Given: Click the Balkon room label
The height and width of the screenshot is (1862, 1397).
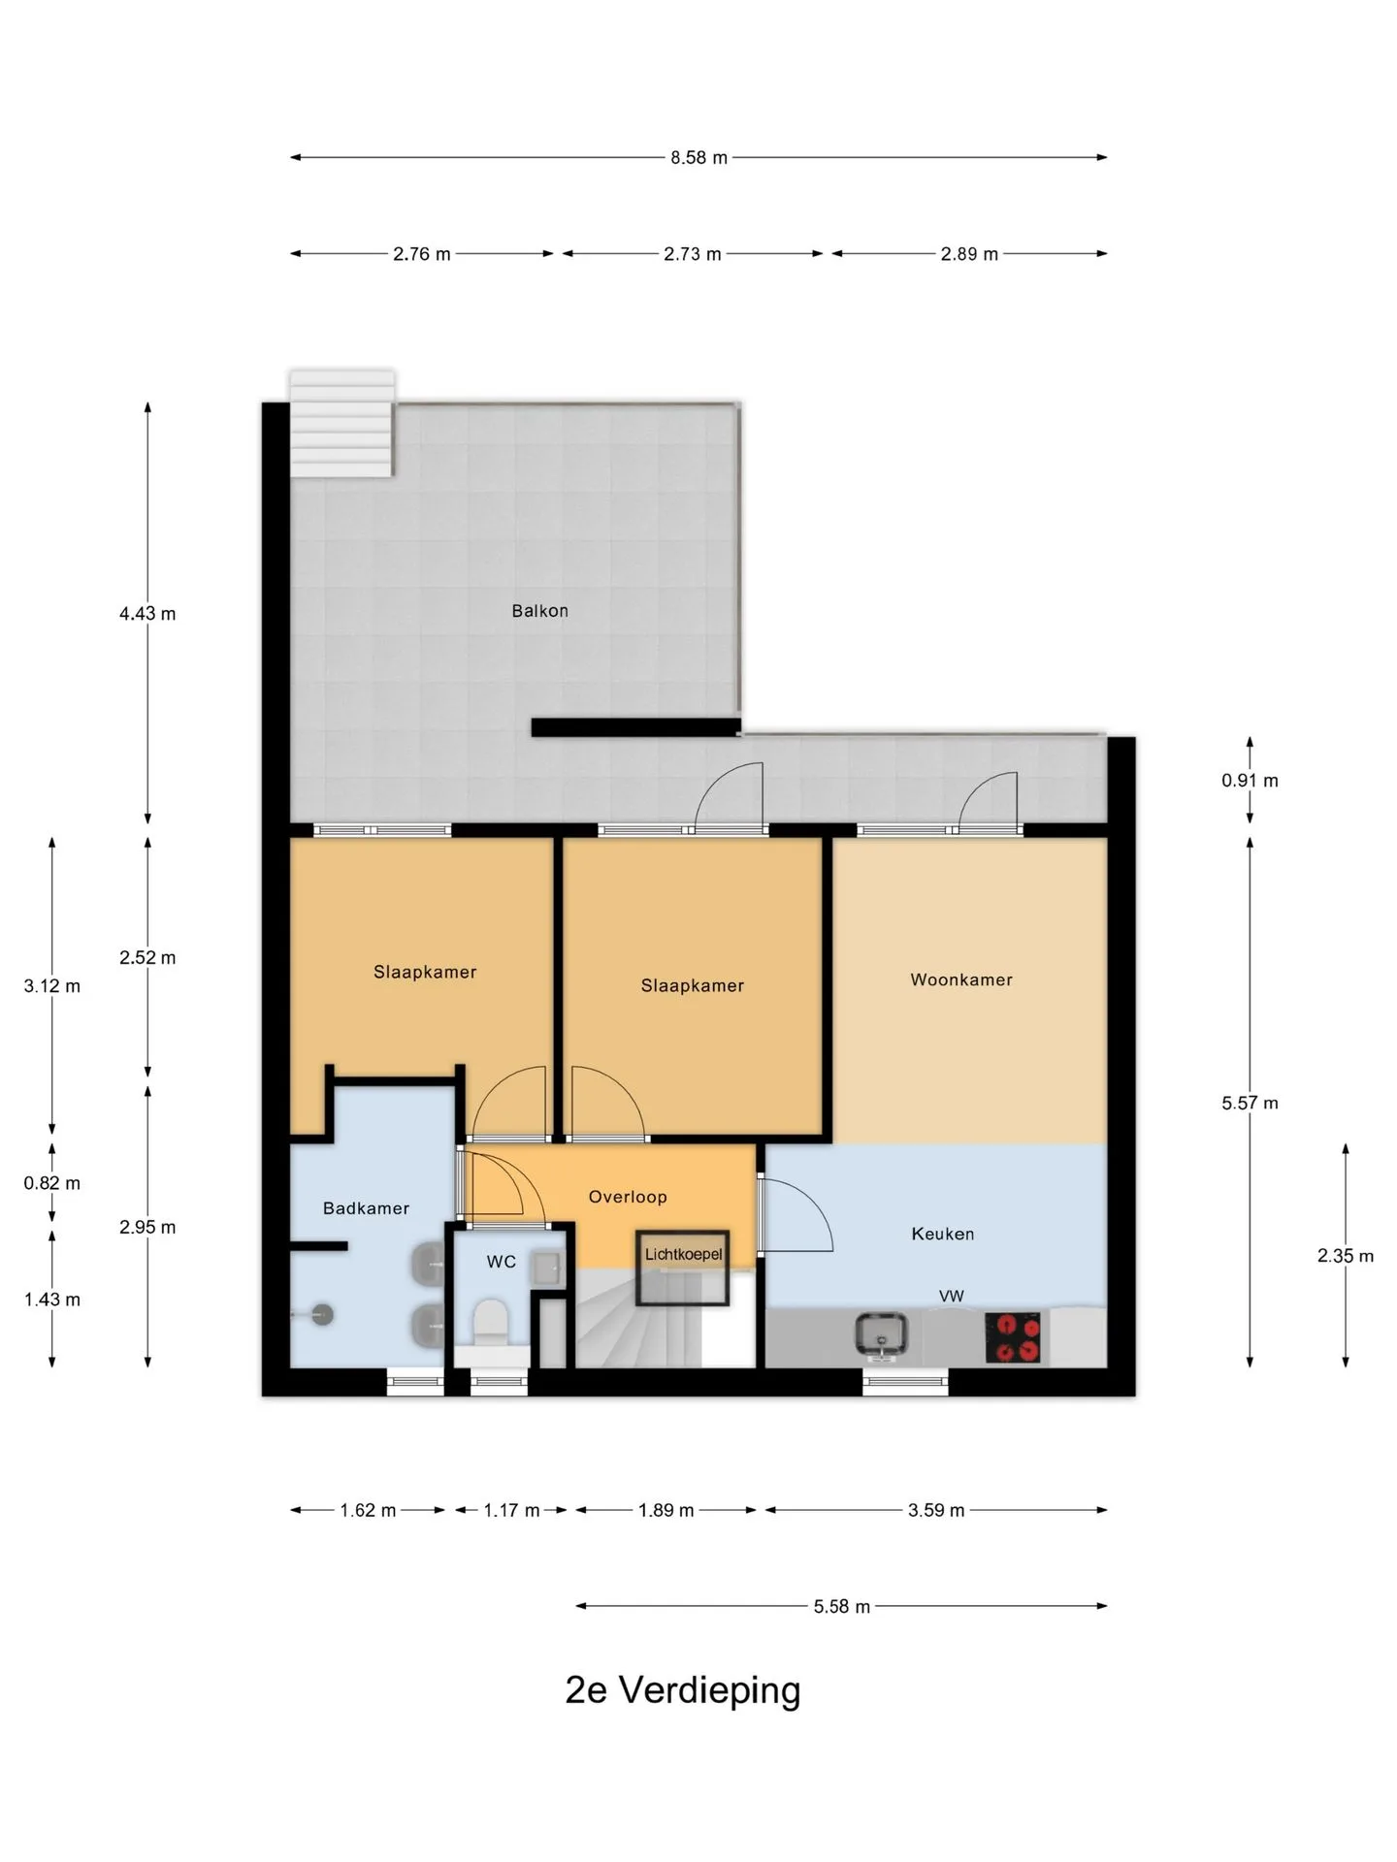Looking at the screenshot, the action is coord(539,611).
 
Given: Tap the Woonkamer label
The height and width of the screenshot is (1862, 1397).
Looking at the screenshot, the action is coord(961,979).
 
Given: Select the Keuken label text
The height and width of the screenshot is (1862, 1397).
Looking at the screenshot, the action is coord(943,1234).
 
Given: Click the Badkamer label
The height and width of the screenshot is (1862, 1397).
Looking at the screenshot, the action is coord(366,1208).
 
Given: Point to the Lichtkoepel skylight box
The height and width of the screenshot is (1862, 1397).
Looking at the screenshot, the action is coord(683,1268).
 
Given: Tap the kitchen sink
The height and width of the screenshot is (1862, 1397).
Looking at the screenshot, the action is coord(882,1334).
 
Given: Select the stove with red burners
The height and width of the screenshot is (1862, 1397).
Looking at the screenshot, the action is coord(1013,1337).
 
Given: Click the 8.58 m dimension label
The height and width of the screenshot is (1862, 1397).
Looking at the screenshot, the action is coord(698,157).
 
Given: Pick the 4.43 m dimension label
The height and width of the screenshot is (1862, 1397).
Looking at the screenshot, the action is coord(147,613).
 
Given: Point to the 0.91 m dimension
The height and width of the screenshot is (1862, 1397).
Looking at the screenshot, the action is coord(1250,781).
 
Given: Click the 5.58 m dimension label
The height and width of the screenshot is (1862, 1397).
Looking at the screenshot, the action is coord(842,1607).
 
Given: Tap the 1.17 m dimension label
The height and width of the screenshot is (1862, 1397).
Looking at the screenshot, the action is coord(511,1510).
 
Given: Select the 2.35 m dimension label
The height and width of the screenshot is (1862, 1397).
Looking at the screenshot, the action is coord(1346,1256).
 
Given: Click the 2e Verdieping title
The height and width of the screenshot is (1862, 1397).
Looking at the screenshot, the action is coord(683,1689).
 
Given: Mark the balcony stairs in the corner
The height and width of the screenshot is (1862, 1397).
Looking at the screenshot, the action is coord(341,423).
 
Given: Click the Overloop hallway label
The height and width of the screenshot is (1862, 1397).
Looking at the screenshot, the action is coord(628,1197).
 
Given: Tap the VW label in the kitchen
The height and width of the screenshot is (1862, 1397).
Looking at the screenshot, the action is coord(951,1296).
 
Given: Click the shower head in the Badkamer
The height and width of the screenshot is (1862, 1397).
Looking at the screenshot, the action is coord(321,1315).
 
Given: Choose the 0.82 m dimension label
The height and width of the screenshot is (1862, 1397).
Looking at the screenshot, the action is coord(52,1183).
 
